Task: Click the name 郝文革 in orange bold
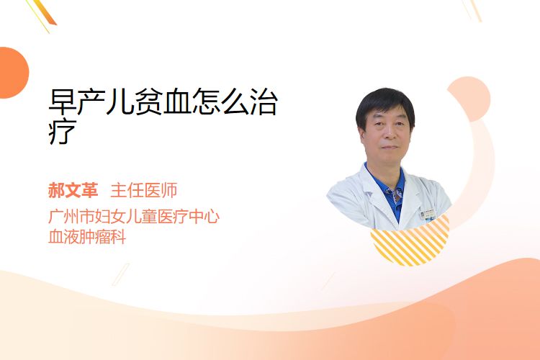point(73,190)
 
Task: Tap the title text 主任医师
point(144,190)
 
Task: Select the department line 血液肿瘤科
point(87,237)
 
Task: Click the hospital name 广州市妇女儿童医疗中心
point(134,216)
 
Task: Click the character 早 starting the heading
point(63,102)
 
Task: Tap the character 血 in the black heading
point(176,102)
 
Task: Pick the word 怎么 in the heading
point(220,102)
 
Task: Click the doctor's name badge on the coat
point(428,214)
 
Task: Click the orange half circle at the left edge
point(13,73)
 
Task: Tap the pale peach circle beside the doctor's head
point(472,97)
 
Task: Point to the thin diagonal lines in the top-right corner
point(472,10)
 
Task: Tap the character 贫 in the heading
point(148,102)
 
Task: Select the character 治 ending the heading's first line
point(263,102)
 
